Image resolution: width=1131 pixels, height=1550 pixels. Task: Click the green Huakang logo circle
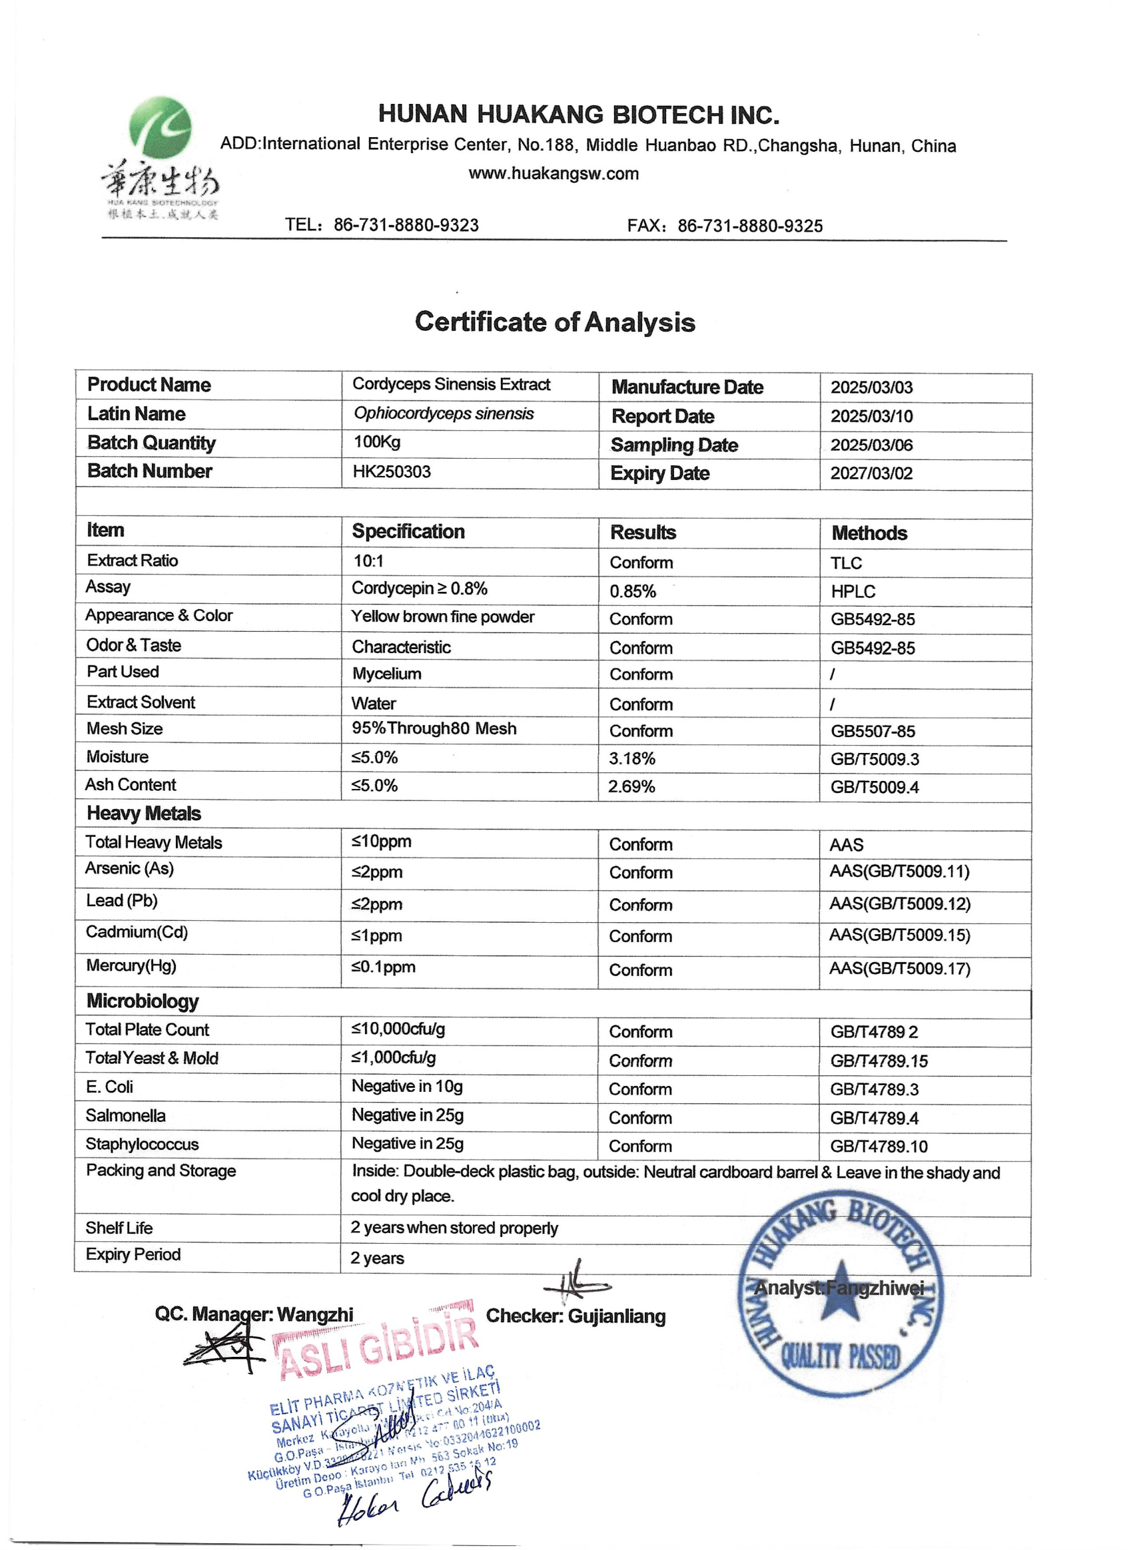(x=161, y=128)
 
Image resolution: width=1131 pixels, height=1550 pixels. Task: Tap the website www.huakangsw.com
(x=553, y=174)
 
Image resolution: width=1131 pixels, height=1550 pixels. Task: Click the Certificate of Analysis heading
(x=555, y=322)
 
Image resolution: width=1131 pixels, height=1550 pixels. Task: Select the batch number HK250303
(x=392, y=471)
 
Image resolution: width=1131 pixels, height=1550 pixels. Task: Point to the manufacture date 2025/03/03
(x=871, y=387)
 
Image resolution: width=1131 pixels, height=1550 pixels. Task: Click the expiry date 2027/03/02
(x=871, y=473)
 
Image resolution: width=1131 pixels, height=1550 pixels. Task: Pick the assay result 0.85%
(x=633, y=591)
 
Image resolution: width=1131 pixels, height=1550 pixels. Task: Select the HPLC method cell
(x=853, y=591)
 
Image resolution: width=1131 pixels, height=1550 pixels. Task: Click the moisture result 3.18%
(x=632, y=759)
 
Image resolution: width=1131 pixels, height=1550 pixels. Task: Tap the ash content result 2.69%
(x=631, y=787)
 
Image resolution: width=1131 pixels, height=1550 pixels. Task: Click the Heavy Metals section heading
(x=144, y=814)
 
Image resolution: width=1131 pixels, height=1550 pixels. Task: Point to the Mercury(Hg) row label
(x=131, y=965)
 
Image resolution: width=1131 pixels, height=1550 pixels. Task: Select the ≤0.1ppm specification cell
(x=384, y=967)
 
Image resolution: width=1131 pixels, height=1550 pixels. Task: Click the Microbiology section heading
(x=143, y=1001)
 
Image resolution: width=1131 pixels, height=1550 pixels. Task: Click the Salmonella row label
(x=125, y=1115)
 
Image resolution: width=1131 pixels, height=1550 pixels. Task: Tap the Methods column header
(x=869, y=533)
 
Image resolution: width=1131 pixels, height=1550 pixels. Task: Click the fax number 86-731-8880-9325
(x=749, y=226)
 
